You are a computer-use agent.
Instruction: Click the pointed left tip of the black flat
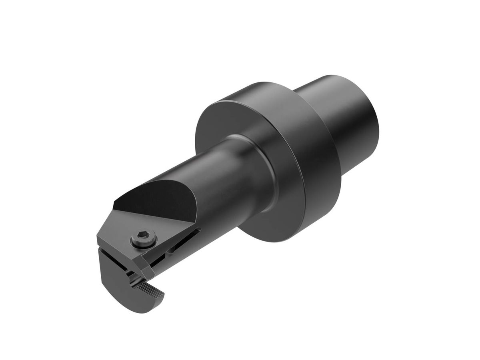(x=114, y=207)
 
